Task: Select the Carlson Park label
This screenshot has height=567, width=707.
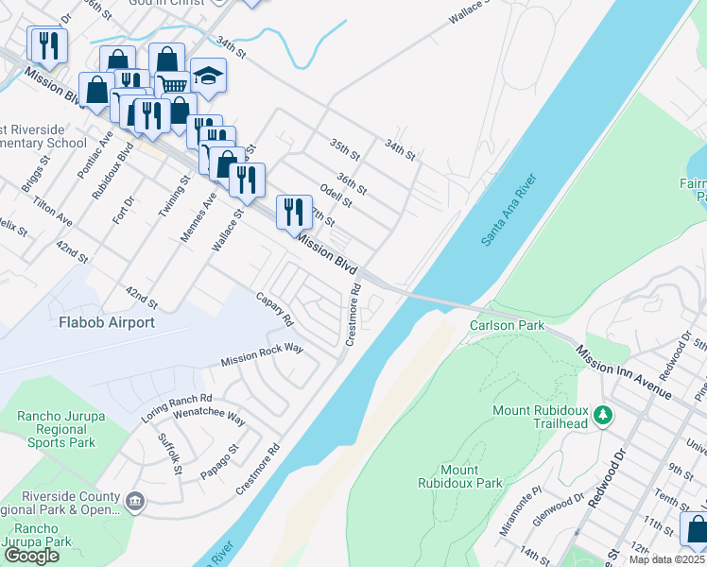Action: coord(508,325)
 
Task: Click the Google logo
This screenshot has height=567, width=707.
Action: coord(32,555)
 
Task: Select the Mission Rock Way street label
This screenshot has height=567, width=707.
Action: coord(262,355)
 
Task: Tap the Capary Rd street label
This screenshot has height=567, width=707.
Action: coord(275,309)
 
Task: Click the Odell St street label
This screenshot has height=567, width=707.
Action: coord(336,196)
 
